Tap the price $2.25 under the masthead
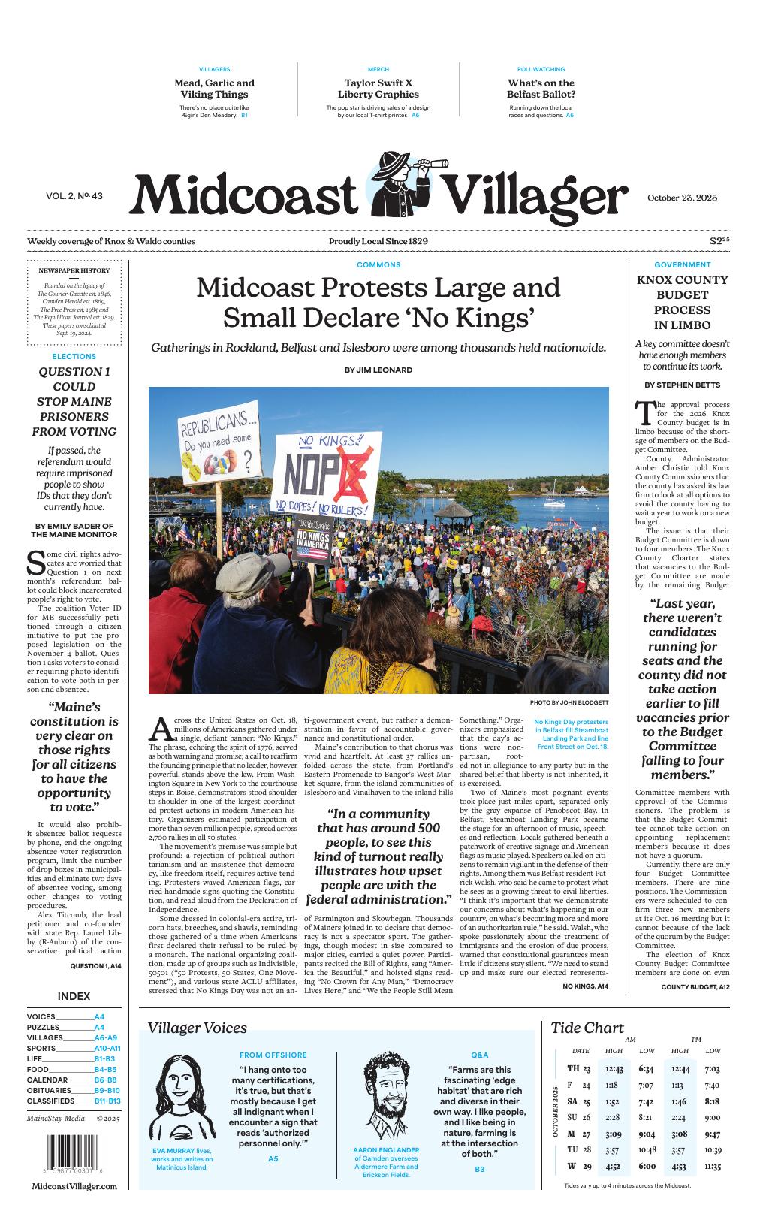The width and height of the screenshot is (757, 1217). (719, 241)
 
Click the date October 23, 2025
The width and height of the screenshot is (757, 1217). (682, 198)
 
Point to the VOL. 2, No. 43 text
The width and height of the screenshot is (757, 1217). (74, 196)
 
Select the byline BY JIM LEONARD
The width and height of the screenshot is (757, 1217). (378, 370)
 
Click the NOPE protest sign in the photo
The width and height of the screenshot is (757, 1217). (323, 476)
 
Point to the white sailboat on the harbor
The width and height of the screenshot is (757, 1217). (554, 500)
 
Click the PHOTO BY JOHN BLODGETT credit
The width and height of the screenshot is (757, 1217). (569, 702)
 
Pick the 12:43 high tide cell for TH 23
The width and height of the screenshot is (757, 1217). (614, 1068)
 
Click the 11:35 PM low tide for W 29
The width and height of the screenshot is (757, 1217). (713, 1167)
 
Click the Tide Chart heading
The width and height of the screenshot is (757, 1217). (587, 1028)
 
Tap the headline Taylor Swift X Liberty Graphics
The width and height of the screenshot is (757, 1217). (378, 89)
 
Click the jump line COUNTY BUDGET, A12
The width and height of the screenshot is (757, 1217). (695, 986)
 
